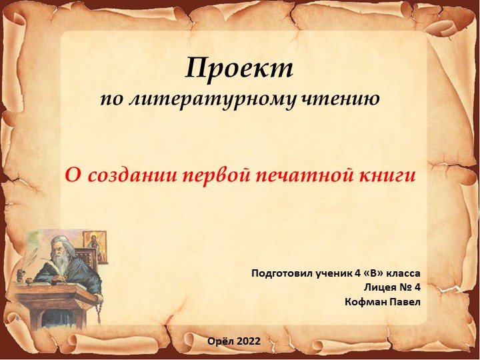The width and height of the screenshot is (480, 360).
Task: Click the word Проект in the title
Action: pos(239,68)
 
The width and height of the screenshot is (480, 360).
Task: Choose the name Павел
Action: pos(405,302)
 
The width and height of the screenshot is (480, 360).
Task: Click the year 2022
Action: pos(255,341)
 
